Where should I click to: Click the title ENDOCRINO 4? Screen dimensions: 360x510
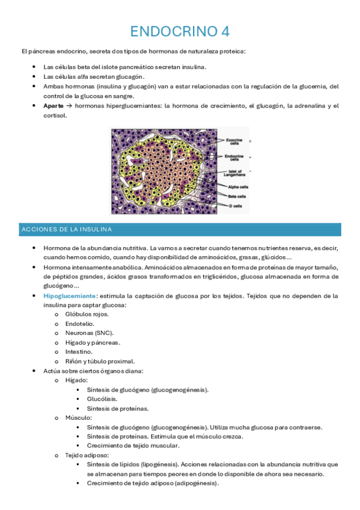click(180, 31)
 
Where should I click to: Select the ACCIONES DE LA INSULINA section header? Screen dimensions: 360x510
click(66, 230)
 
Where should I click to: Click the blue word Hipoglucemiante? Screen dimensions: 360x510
click(70, 296)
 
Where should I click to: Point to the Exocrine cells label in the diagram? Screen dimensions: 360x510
click(234, 143)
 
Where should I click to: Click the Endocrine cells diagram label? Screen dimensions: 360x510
click(234, 158)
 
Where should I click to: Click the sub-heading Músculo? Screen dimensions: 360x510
click(78, 417)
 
